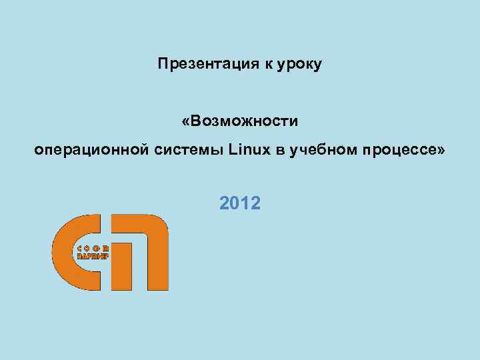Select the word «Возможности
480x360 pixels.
point(239,122)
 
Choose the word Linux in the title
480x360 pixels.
point(247,151)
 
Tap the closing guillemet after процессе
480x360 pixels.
point(439,151)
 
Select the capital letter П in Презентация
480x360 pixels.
point(163,65)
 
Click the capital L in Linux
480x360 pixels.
point(231,151)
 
